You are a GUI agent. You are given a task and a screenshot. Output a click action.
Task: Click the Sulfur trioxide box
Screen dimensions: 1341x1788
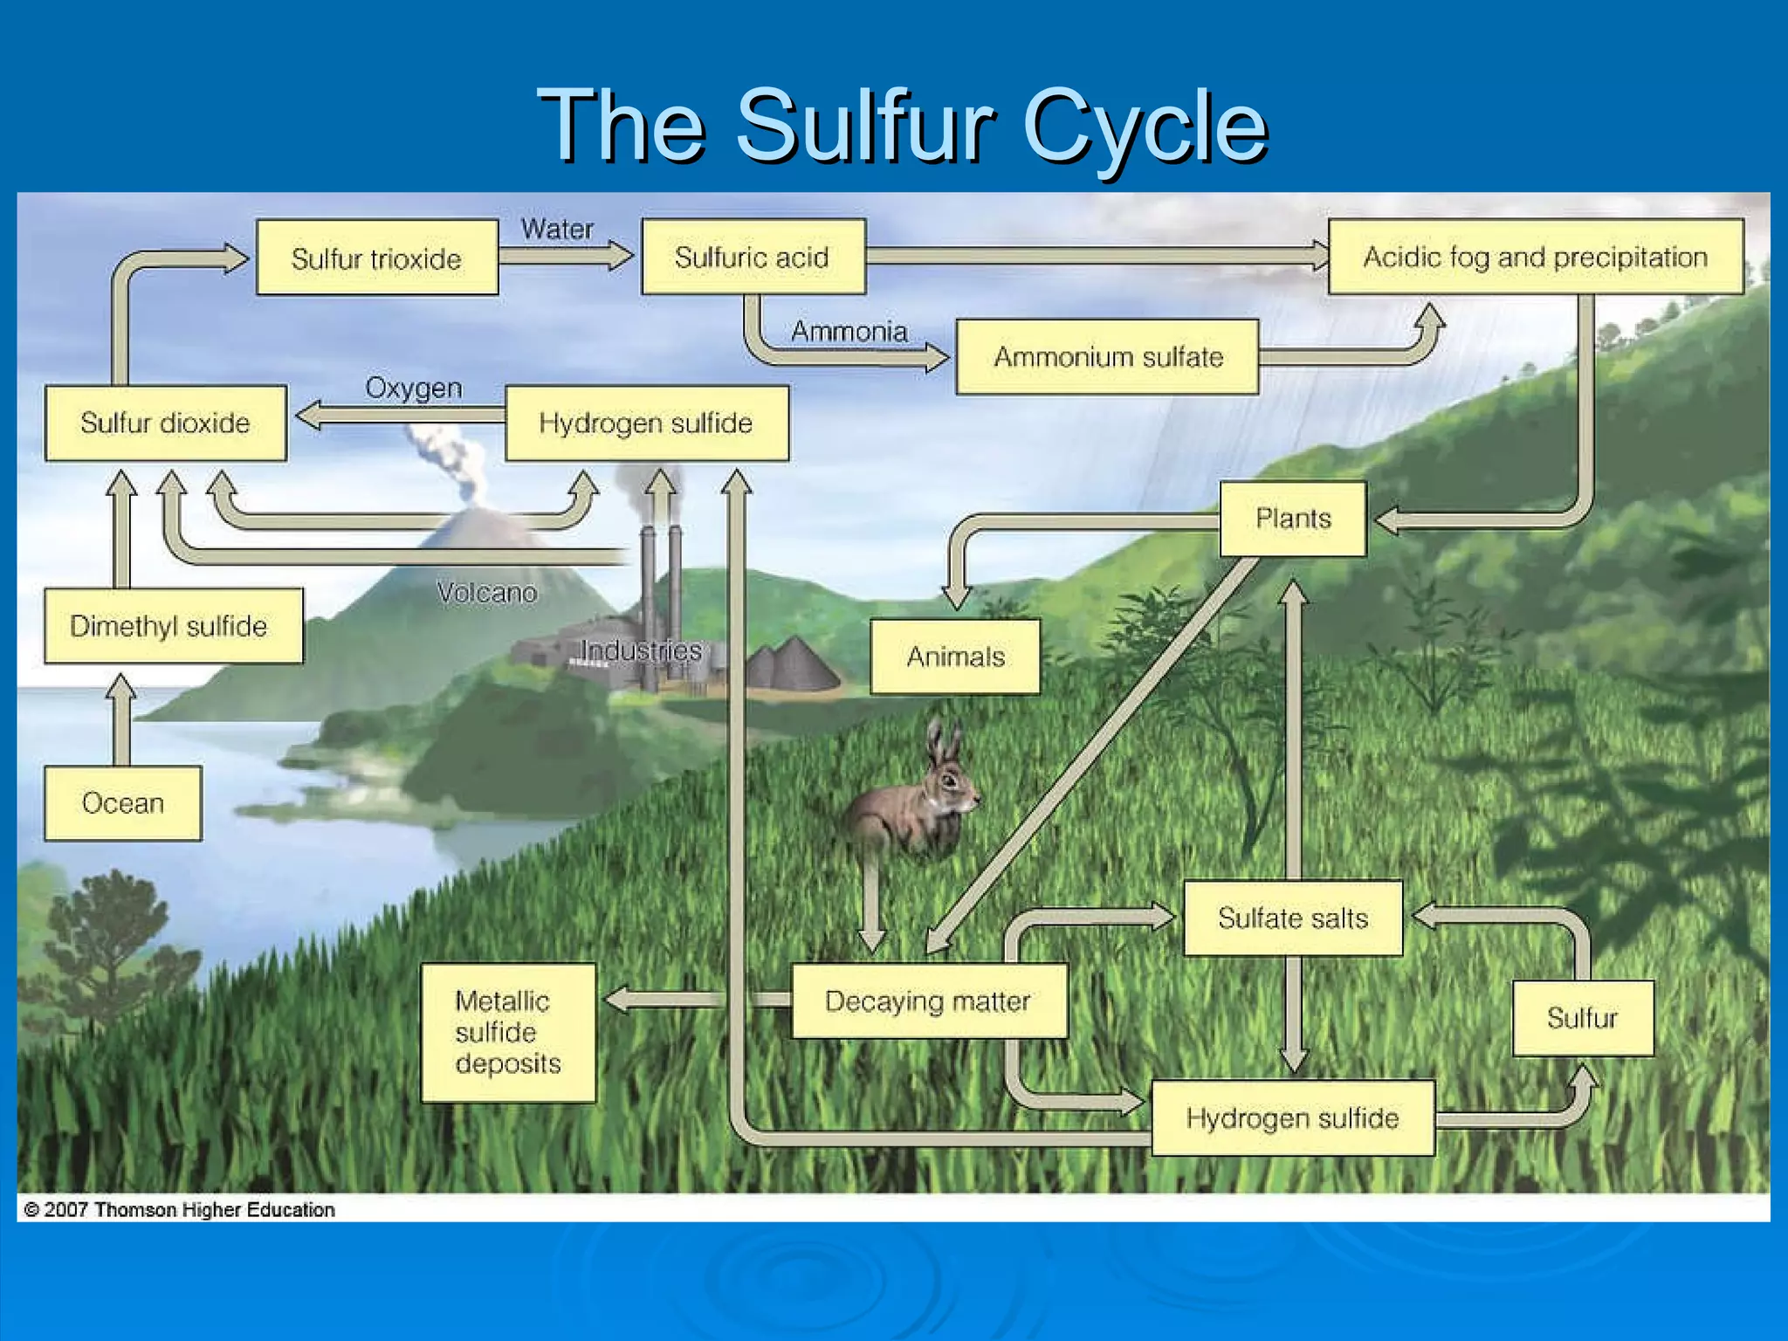pyautogui.click(x=377, y=258)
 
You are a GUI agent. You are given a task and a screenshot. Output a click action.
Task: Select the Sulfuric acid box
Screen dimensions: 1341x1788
pyautogui.click(x=753, y=257)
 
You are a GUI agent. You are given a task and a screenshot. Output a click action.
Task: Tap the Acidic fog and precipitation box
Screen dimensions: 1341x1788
pyautogui.click(x=1535, y=257)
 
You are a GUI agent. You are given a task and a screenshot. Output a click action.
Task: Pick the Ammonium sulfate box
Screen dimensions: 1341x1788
pyautogui.click(x=1107, y=357)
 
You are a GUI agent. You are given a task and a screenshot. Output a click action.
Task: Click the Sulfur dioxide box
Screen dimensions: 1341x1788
pyautogui.click(x=166, y=423)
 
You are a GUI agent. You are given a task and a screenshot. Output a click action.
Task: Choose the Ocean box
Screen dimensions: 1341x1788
pyautogui.click(x=123, y=803)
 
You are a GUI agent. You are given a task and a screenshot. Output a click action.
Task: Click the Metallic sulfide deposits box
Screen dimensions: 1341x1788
pyautogui.click(x=508, y=1032)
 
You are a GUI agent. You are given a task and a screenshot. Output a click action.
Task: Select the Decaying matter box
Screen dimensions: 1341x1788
pyautogui.click(x=928, y=1001)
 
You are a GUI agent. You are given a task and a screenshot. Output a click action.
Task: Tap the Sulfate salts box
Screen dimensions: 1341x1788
pyautogui.click(x=1292, y=918)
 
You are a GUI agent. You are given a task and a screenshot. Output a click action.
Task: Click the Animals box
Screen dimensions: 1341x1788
pyautogui.click(x=955, y=657)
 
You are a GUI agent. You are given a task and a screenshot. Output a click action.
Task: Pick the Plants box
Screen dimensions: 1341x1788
pyautogui.click(x=1292, y=519)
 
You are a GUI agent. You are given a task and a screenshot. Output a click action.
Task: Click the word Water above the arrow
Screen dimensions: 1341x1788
pyautogui.click(x=557, y=230)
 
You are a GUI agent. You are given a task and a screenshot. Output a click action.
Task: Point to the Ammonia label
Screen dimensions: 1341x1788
pyautogui.click(x=849, y=332)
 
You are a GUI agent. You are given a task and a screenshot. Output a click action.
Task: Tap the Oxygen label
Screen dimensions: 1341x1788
pyautogui.click(x=413, y=388)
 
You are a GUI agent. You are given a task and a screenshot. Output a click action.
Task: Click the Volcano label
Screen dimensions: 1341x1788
pyautogui.click(x=486, y=593)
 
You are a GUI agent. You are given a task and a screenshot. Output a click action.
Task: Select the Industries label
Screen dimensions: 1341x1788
pyautogui.click(x=641, y=650)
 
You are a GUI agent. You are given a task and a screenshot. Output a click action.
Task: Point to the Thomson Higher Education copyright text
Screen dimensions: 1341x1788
pyautogui.click(x=180, y=1210)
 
